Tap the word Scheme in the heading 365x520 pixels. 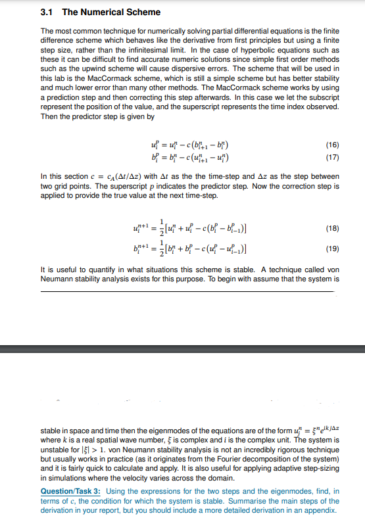[x=143, y=12]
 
